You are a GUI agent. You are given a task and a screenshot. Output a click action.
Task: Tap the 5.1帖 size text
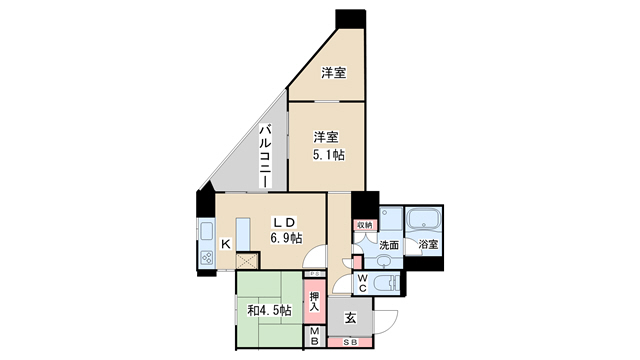pos(327,154)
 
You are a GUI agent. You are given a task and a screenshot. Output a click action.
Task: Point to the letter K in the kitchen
pos(226,243)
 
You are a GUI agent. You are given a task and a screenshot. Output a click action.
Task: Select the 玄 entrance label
pos(351,317)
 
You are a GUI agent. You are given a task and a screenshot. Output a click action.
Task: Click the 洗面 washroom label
pos(390,245)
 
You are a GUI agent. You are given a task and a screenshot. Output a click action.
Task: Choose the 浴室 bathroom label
pos(428,244)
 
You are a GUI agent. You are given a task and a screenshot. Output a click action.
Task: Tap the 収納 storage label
pos(364,226)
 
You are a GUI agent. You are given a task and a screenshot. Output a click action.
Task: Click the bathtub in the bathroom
pos(424,219)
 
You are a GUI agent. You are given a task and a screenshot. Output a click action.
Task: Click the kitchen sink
pos(207,232)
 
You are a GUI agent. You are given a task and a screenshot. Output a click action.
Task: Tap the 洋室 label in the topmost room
pos(333,73)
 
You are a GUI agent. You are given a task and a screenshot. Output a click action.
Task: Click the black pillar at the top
pos(351,19)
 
